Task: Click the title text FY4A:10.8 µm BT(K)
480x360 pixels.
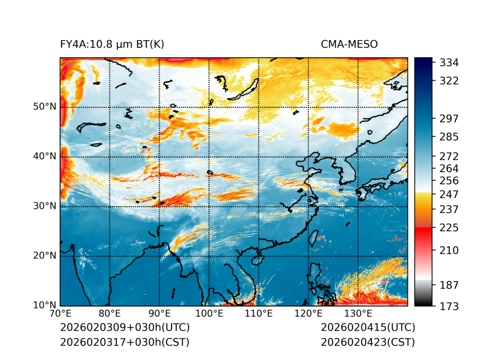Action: coord(112,44)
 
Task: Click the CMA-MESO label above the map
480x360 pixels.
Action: coord(349,44)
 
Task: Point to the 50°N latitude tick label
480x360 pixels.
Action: coord(45,107)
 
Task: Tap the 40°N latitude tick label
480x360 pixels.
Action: coord(45,156)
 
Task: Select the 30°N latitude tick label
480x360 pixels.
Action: coord(45,206)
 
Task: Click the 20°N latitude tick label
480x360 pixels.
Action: coord(45,256)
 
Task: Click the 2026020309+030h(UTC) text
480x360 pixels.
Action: coord(124,328)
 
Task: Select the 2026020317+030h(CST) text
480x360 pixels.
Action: coord(124,342)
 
